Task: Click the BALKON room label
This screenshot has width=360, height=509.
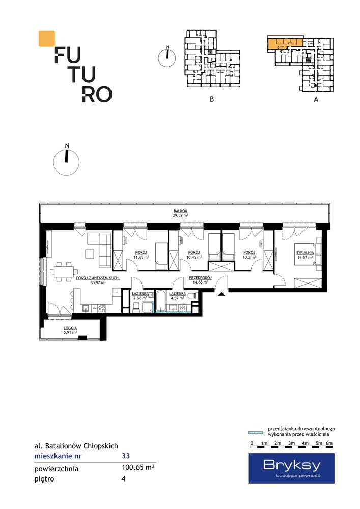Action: (x=180, y=211)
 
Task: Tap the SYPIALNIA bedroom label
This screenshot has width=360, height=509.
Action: (x=304, y=252)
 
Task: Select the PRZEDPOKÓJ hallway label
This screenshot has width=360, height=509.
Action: (x=200, y=278)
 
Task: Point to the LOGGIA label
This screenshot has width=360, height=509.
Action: (x=70, y=328)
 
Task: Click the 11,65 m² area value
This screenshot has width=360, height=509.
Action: (x=141, y=257)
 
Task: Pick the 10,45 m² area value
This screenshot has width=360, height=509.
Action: (x=194, y=257)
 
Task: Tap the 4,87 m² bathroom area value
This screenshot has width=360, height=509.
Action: (x=177, y=297)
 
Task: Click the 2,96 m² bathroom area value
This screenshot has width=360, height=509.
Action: (x=140, y=297)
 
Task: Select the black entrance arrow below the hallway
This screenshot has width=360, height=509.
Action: (x=221, y=294)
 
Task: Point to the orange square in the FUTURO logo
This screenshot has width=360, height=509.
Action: (x=47, y=38)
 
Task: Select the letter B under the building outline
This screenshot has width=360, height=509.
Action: (x=212, y=99)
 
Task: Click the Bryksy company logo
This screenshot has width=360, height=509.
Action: (x=291, y=468)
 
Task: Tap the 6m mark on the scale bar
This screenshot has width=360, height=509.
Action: (x=329, y=443)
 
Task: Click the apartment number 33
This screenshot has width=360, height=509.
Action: (x=126, y=456)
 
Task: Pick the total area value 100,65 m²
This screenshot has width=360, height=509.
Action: (x=137, y=468)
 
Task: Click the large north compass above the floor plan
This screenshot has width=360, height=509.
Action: (x=66, y=162)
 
